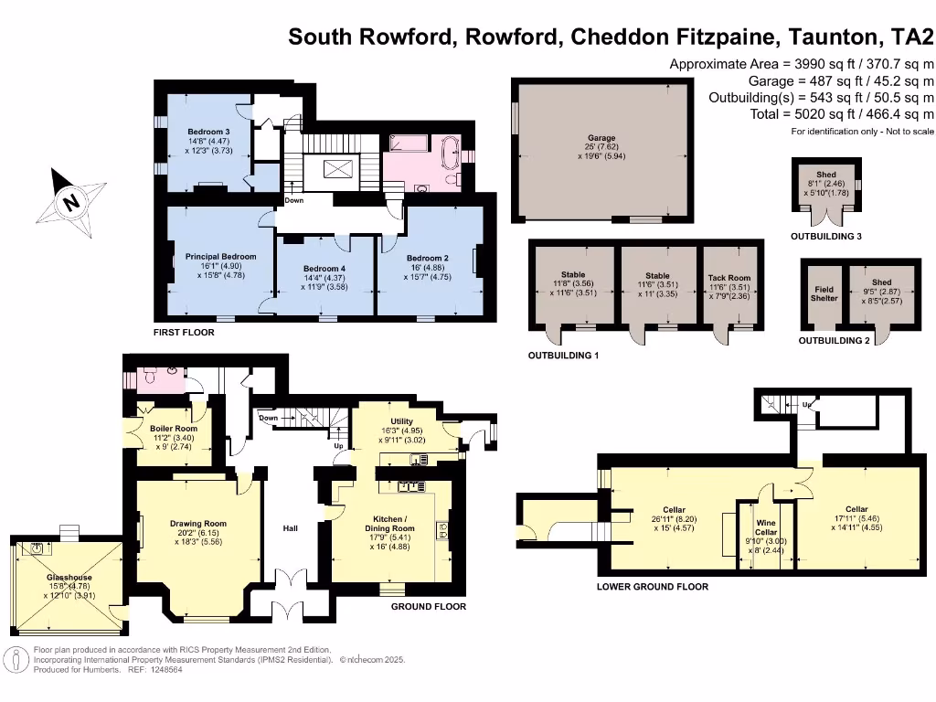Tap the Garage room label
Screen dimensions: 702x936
(601, 137)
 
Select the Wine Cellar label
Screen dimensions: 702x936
(766, 527)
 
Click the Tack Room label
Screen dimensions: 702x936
(729, 278)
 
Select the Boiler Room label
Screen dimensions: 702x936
(174, 428)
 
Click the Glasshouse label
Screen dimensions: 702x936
(69, 578)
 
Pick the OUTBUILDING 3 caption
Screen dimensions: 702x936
(826, 237)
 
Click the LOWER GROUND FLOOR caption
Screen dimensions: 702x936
(652, 587)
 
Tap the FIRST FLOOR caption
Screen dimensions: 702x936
(184, 333)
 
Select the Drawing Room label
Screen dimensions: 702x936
(197, 524)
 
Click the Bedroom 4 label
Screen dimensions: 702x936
(324, 268)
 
